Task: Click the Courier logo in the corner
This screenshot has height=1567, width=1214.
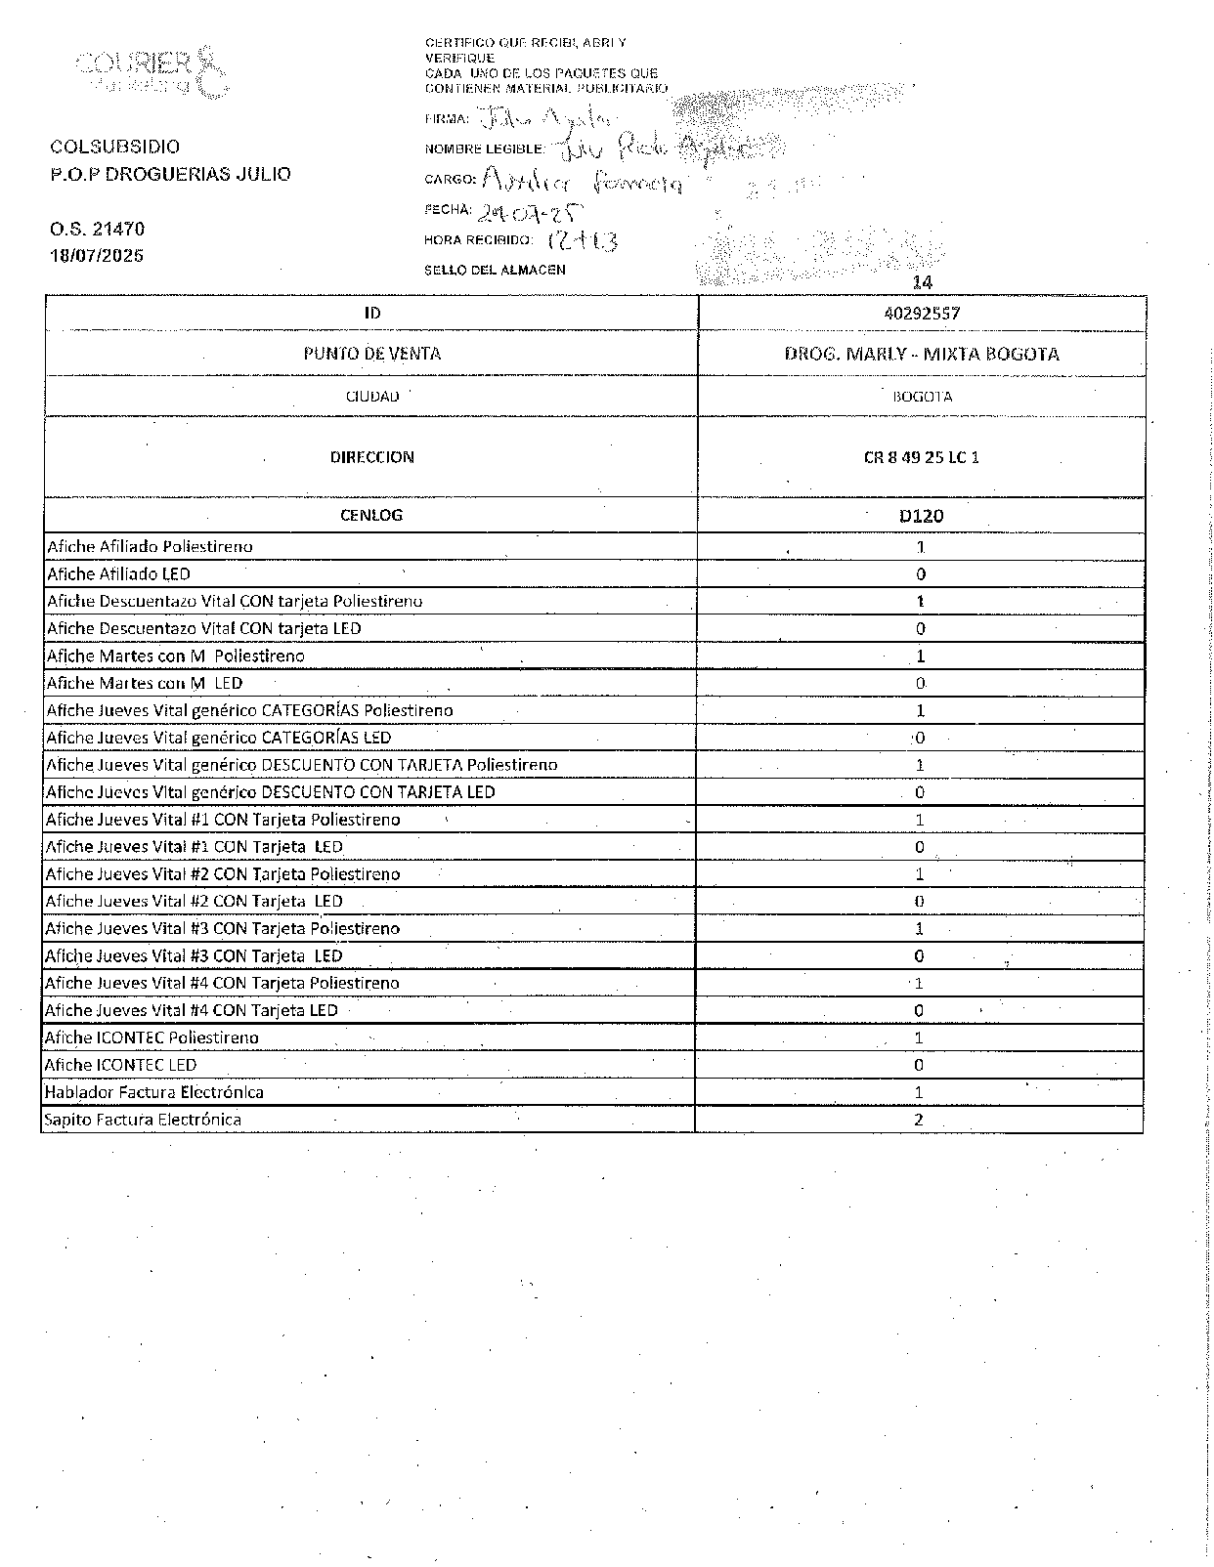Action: click(152, 71)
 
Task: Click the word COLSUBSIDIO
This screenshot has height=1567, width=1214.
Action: click(115, 147)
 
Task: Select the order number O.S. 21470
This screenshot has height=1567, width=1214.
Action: click(98, 229)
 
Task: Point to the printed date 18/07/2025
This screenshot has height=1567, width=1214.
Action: click(97, 256)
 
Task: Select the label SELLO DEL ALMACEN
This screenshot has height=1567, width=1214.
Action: click(495, 270)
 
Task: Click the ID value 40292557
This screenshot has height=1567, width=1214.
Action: click(920, 314)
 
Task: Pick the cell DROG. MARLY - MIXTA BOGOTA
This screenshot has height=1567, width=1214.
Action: click(921, 354)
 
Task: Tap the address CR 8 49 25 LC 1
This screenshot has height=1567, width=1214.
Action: click(921, 456)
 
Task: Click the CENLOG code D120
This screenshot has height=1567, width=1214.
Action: click(921, 515)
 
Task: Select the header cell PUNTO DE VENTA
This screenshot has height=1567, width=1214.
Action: click(371, 354)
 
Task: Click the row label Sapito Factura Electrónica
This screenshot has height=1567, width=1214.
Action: click(143, 1120)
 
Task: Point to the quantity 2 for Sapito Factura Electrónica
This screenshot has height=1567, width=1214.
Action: click(919, 1120)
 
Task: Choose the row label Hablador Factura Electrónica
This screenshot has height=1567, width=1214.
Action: click(154, 1092)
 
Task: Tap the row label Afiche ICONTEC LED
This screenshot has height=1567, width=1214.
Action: click(121, 1065)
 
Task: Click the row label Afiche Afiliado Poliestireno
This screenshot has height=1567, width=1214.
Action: click(151, 547)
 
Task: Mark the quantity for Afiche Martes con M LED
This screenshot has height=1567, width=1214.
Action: click(920, 684)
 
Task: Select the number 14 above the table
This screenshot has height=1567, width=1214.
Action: click(922, 282)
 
